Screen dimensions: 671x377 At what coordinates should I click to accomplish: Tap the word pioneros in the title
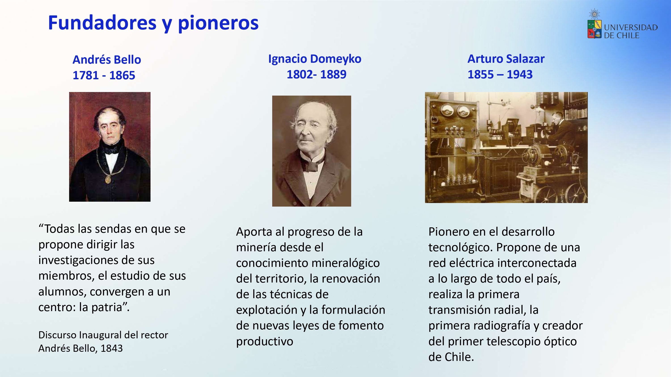click(x=218, y=24)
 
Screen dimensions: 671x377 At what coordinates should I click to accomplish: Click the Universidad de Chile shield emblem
click(x=594, y=29)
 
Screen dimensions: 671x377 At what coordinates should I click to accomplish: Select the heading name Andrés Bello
click(x=107, y=60)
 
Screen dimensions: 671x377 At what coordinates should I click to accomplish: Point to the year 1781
click(x=85, y=75)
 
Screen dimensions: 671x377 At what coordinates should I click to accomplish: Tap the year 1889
click(x=333, y=74)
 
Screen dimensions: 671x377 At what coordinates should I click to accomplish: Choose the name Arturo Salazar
click(x=506, y=59)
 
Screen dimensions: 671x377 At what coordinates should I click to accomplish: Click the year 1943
click(x=519, y=74)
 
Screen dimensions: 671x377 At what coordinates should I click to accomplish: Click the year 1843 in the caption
click(x=111, y=348)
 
